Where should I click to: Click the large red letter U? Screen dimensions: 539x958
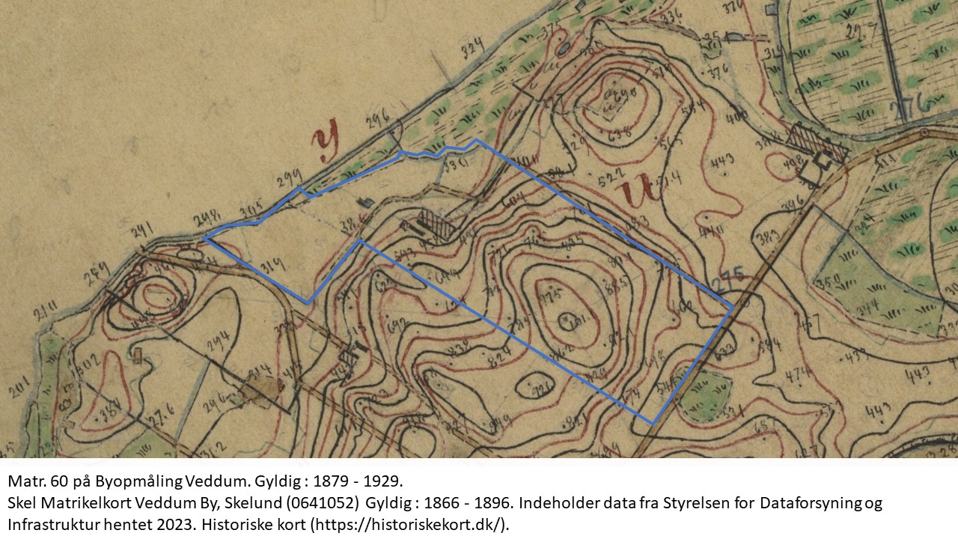636,191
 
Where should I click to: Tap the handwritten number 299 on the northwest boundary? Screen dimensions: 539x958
289,177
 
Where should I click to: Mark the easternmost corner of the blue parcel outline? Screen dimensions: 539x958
732,305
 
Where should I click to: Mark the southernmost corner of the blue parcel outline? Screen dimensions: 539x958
653,424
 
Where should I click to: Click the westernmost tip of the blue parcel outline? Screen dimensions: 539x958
204,238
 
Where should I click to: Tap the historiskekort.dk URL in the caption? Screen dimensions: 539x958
409,524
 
